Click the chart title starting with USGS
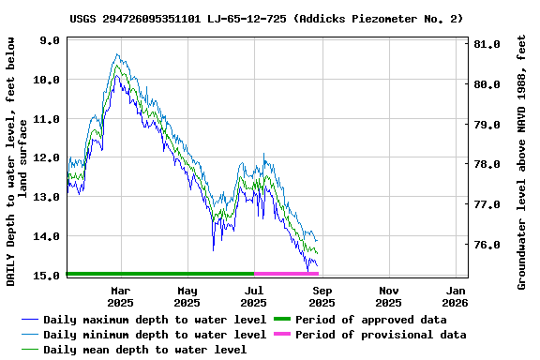266,19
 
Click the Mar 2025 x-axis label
120,296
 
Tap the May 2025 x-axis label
187,296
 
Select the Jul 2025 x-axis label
254,296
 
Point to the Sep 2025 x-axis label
322,296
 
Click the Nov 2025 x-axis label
389,296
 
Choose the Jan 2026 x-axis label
456,296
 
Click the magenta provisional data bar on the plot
286,274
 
